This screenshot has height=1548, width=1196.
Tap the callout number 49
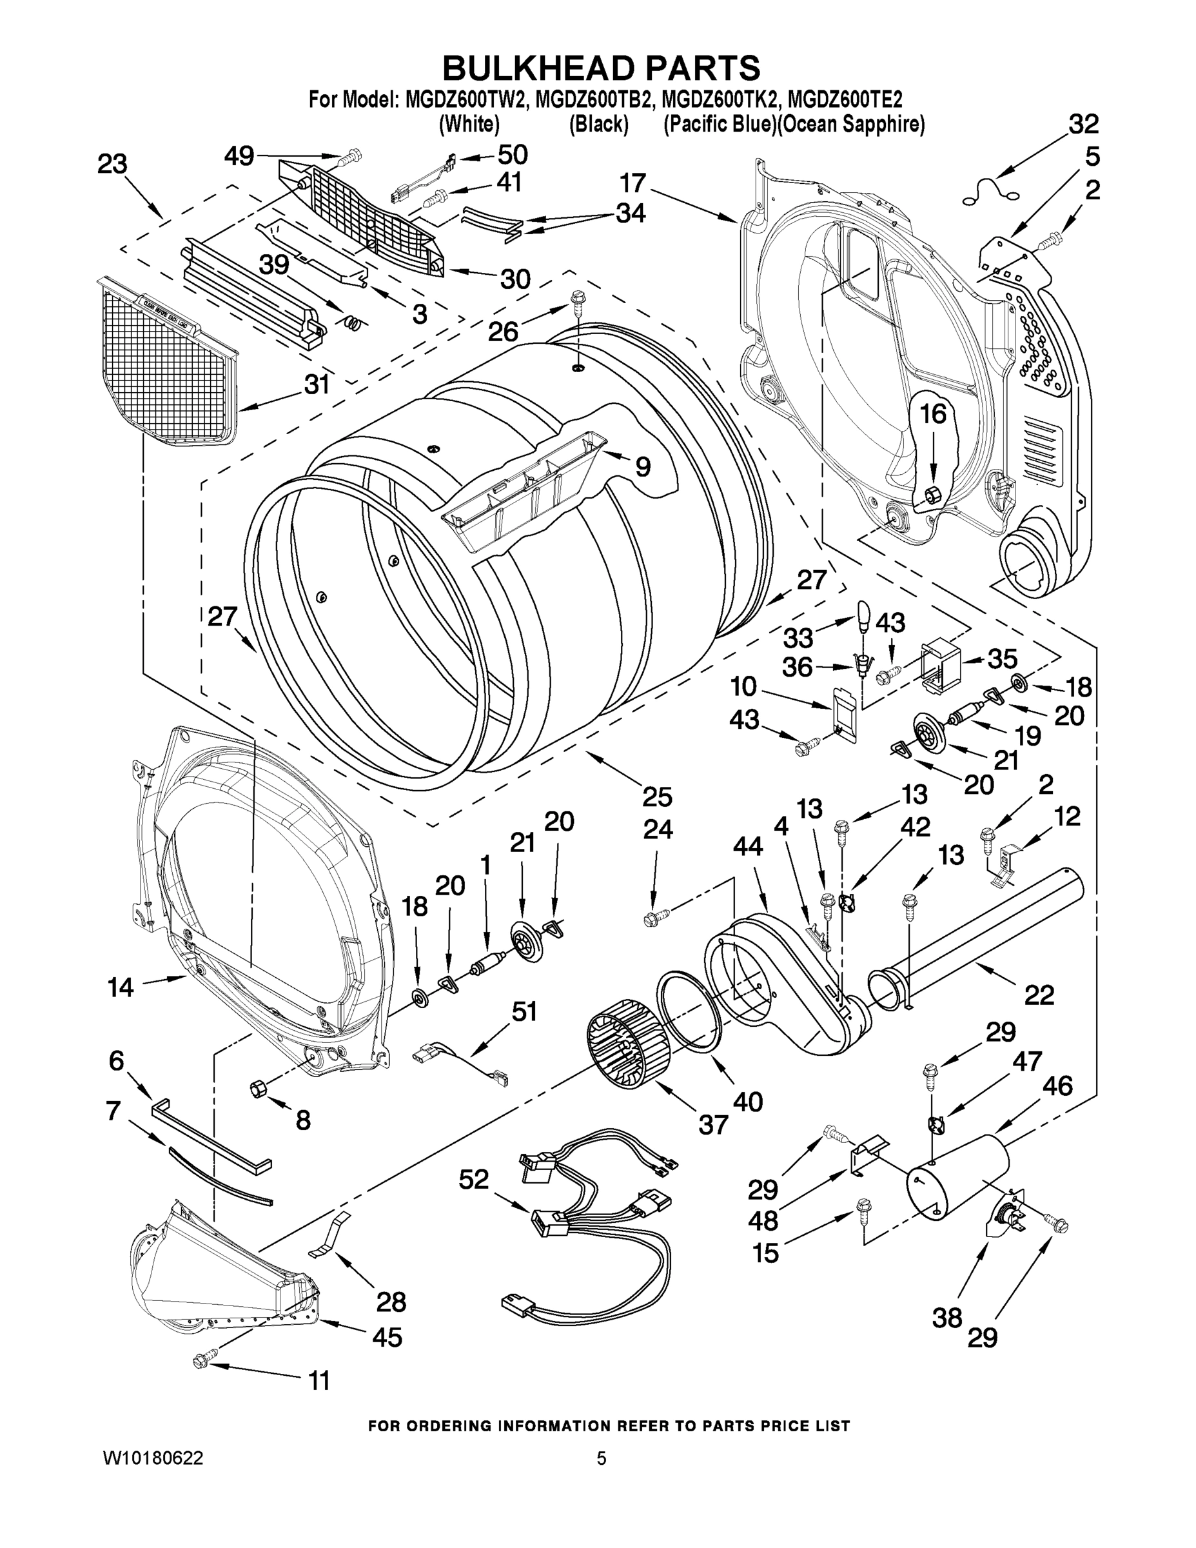click(x=239, y=155)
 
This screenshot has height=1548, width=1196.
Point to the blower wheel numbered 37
click(x=628, y=1042)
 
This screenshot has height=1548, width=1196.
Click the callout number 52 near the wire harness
click(x=473, y=1180)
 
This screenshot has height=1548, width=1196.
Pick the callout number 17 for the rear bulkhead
click(x=632, y=184)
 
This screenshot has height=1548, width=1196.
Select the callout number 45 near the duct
click(x=387, y=1337)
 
